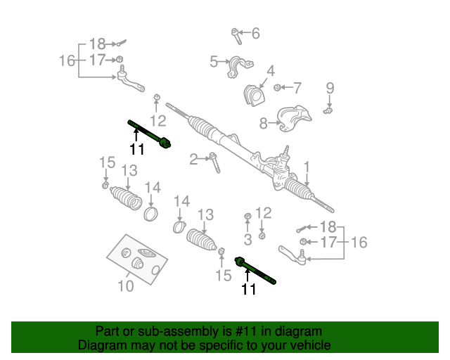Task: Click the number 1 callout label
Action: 307,167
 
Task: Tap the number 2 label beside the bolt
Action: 193,160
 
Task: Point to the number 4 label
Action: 270,71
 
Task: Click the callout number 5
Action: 214,63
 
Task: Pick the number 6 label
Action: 255,33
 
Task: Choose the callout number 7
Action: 297,88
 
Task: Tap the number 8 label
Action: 263,124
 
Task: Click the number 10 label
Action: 125,286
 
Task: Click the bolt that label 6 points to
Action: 235,34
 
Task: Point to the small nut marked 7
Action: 278,88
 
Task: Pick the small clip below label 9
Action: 328,110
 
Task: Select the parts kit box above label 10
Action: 137,259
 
